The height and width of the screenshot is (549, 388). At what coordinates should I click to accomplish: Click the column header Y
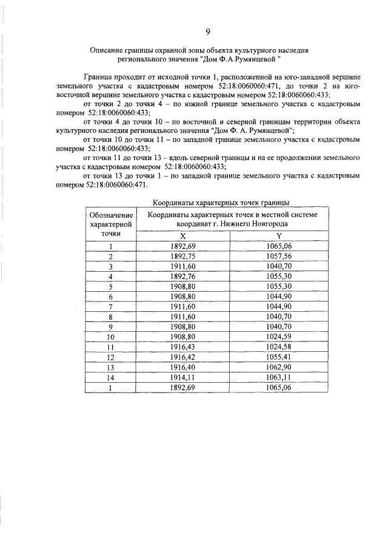(279, 236)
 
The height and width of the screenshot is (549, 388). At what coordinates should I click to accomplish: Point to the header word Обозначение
(111, 215)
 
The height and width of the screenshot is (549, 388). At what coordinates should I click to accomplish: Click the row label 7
(111, 306)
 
